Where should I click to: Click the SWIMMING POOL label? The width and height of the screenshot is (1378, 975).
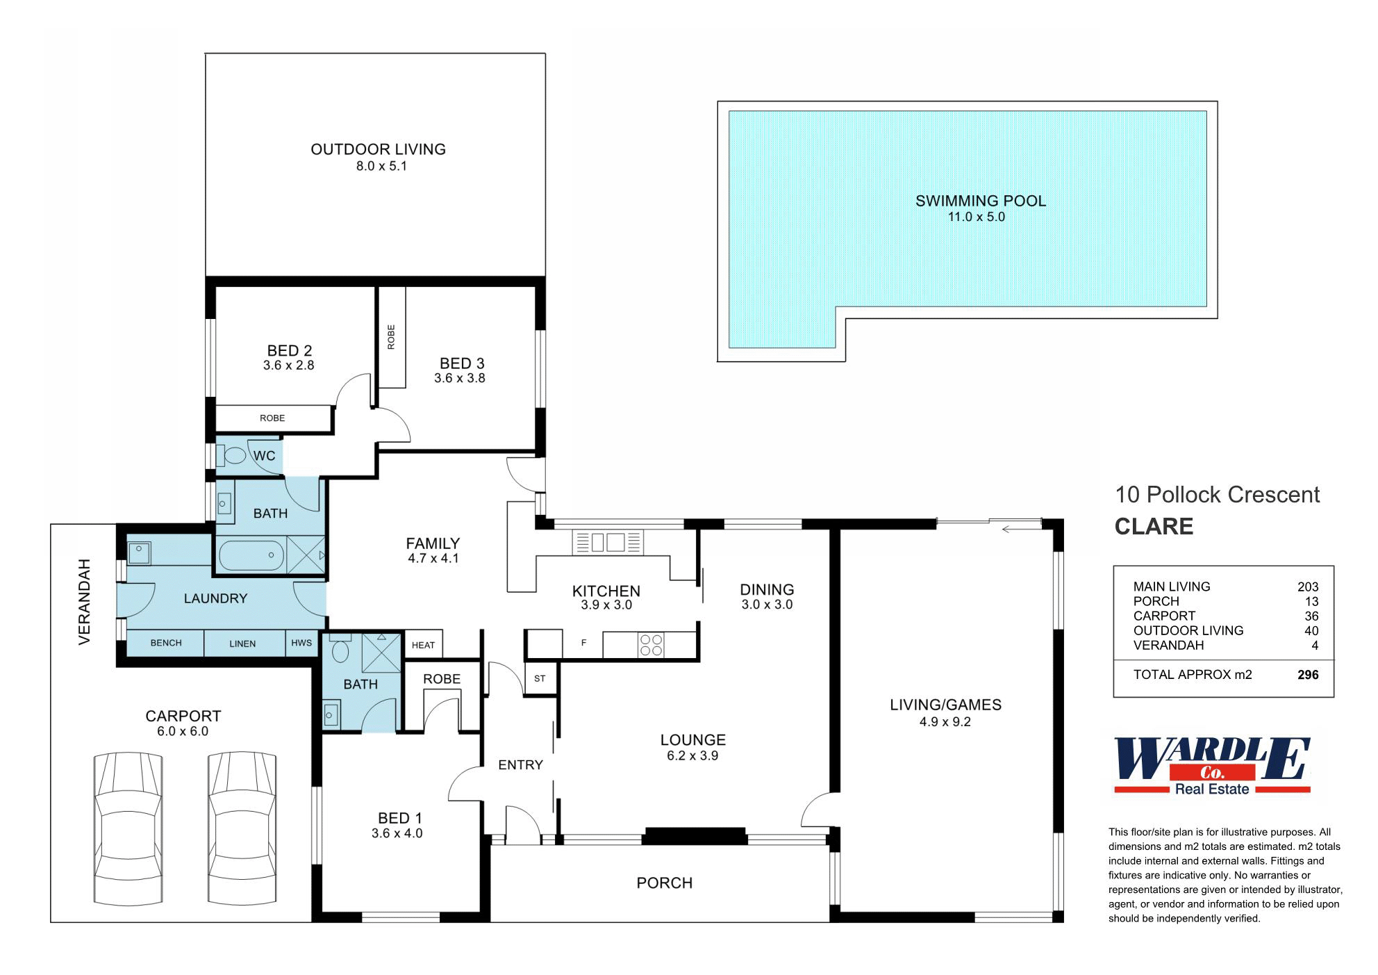tap(980, 201)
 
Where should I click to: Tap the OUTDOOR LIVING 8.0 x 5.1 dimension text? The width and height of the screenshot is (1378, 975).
tap(381, 166)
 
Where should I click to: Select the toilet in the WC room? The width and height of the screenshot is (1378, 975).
tap(232, 456)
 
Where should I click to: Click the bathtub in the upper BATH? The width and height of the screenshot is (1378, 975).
tap(251, 556)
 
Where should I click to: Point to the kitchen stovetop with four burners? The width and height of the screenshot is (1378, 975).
tap(651, 645)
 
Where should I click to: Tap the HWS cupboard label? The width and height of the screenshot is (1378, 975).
tap(301, 643)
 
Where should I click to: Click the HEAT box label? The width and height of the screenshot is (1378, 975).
tap(423, 645)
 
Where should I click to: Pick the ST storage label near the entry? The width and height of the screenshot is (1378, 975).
tap(540, 678)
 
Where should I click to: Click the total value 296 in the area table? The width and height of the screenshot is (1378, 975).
tap(1308, 675)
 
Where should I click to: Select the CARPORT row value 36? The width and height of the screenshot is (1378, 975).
tap(1311, 616)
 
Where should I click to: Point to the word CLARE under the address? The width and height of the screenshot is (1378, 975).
tap(1154, 526)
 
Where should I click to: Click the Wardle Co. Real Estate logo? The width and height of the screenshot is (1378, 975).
tap(1212, 766)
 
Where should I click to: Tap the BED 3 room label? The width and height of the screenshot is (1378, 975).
tap(462, 363)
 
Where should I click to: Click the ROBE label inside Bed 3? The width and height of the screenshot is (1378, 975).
tap(391, 337)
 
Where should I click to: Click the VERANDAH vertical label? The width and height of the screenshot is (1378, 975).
tap(85, 602)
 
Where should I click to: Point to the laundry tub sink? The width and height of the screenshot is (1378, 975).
tap(139, 552)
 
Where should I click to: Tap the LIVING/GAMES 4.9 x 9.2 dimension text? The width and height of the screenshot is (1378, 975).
tap(945, 722)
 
